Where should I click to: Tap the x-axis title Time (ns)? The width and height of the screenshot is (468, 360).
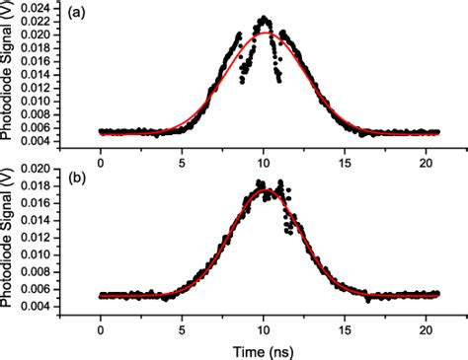point(264,349)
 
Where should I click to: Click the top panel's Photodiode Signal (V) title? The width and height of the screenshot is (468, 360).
point(9,78)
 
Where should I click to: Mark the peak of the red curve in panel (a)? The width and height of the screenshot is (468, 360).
point(264,34)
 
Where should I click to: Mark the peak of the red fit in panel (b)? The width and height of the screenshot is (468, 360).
point(264,190)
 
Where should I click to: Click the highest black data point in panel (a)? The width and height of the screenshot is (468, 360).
point(264,17)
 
